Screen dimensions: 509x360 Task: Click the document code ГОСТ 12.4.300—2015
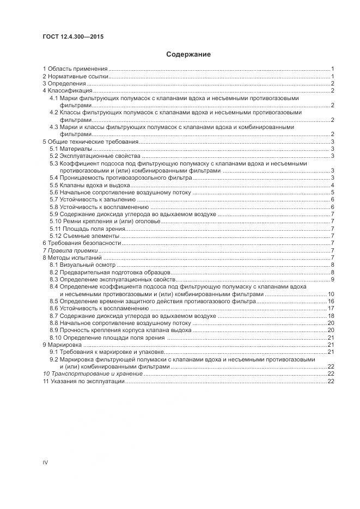pyautogui.click(x=73, y=36)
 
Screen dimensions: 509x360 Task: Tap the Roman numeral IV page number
pyautogui.click(x=46, y=462)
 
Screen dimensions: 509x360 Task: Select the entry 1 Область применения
pyautogui.click(x=75, y=69)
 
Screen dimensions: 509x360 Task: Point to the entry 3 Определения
pyautogui.click(x=64, y=84)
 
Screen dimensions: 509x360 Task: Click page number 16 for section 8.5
pyautogui.click(x=330, y=301)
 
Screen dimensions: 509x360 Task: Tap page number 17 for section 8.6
pyautogui.click(x=330, y=309)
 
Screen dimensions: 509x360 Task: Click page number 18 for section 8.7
pyautogui.click(x=330, y=316)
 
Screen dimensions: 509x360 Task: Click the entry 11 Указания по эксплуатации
pyautogui.click(x=84, y=382)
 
